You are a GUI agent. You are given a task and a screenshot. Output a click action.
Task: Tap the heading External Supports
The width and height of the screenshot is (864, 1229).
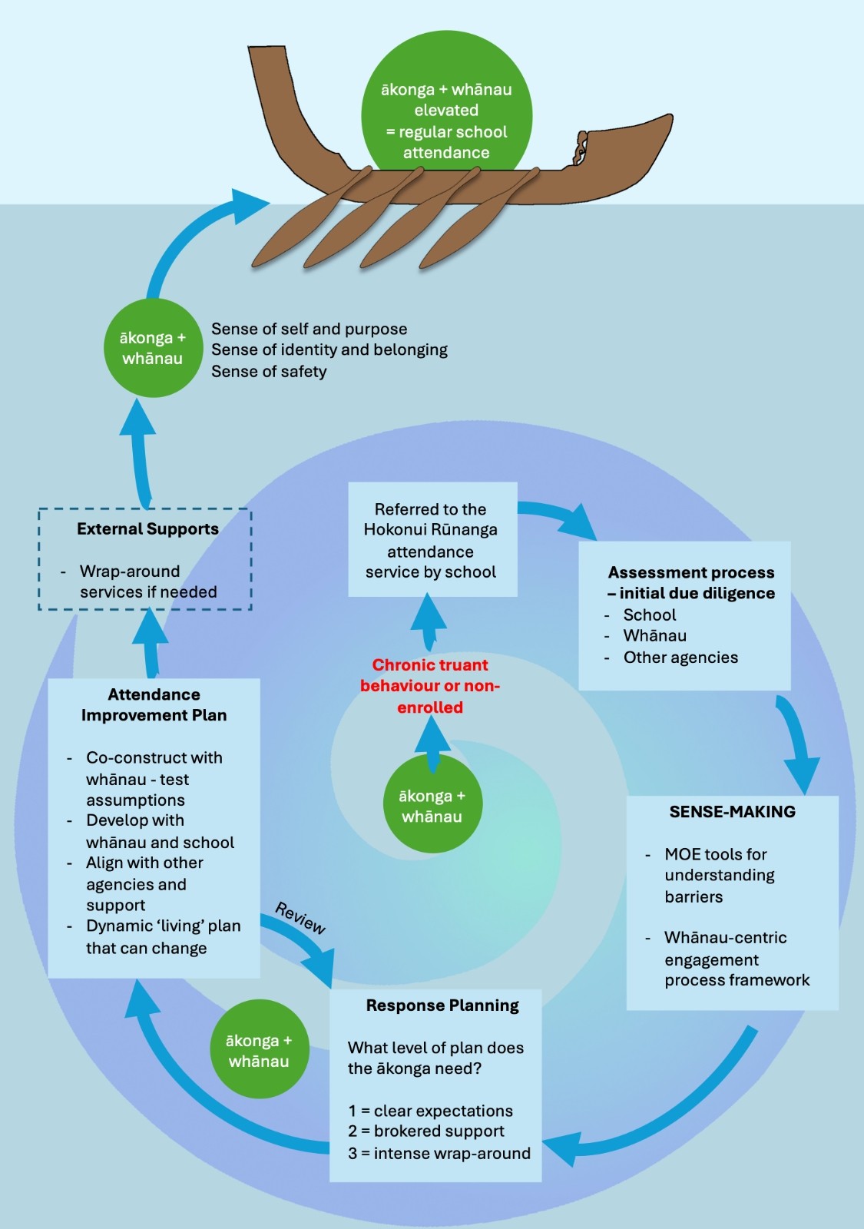click(x=147, y=529)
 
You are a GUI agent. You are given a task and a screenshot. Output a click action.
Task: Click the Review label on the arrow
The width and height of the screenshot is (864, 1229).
click(x=300, y=918)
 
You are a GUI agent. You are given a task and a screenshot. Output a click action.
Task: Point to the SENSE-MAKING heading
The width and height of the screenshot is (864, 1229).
click(x=732, y=812)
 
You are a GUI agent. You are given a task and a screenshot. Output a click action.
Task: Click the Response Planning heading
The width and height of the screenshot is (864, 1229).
click(x=442, y=1005)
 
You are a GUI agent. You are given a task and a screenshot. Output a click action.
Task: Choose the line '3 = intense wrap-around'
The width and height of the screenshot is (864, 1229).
click(x=439, y=1154)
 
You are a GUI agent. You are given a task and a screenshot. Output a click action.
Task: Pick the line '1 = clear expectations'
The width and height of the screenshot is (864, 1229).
click(x=430, y=1111)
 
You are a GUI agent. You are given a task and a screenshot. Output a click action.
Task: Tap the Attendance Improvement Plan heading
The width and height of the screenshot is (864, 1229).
click(x=154, y=705)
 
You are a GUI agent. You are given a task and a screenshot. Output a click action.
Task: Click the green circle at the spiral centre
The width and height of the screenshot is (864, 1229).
click(x=432, y=804)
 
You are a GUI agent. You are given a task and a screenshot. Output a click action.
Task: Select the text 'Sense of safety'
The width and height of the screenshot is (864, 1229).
click(x=269, y=372)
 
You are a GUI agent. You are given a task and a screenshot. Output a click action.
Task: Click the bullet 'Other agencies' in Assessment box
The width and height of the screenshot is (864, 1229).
click(x=680, y=658)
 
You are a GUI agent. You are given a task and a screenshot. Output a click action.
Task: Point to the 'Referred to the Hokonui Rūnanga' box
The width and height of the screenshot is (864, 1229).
click(x=431, y=540)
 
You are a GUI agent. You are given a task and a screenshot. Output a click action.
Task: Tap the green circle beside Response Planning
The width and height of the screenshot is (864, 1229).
click(x=259, y=1049)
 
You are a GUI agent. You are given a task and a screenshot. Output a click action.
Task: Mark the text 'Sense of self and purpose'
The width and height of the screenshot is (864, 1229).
click(x=309, y=329)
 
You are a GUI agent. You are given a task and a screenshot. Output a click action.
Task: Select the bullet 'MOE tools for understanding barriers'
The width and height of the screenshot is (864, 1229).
click(x=719, y=876)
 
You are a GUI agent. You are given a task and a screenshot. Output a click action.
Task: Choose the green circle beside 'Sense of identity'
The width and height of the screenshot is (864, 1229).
click(x=152, y=348)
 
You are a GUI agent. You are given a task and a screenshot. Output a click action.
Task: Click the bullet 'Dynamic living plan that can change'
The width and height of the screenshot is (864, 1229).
click(x=163, y=937)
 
